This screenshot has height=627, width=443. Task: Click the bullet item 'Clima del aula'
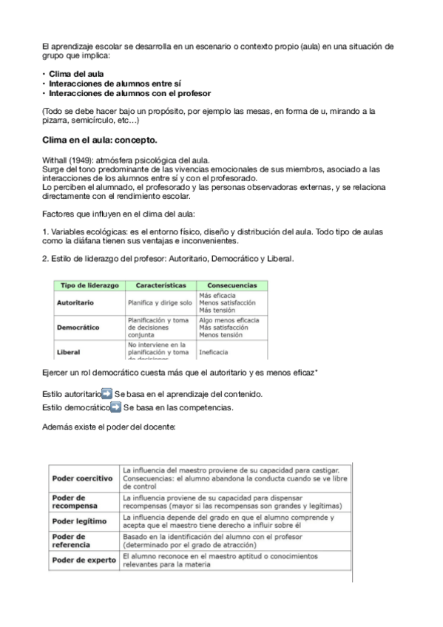coord(76,74)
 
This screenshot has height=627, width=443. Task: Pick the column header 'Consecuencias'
coord(231,285)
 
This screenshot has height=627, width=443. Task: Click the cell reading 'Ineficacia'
coord(214,353)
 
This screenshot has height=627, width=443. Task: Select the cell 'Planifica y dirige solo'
coord(160,303)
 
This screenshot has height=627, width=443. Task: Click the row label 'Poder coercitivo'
coord(82,478)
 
